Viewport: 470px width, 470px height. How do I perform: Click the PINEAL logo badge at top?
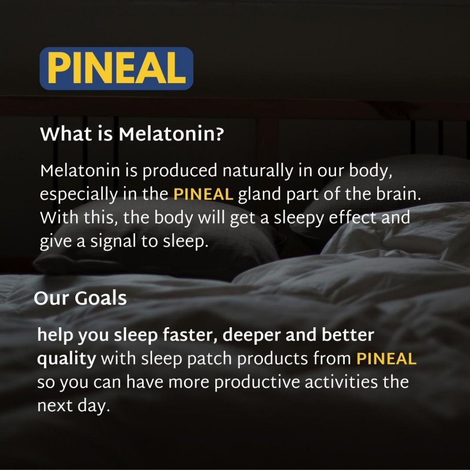(x=116, y=68)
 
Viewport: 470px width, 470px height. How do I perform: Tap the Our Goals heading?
(x=80, y=298)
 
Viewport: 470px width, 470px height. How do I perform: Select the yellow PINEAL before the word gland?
(x=203, y=194)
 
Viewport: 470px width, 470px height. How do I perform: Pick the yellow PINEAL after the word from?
(x=386, y=358)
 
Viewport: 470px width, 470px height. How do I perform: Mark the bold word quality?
(x=67, y=359)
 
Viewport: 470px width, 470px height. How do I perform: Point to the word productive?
(x=257, y=383)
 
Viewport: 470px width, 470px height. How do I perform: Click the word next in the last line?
(x=55, y=406)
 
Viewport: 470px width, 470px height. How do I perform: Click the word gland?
(x=260, y=195)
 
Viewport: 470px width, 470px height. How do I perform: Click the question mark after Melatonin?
(x=219, y=134)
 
